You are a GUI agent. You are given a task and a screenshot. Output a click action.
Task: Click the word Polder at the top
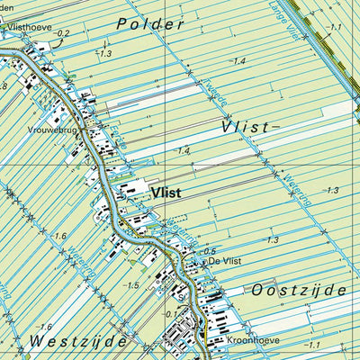coord(151,23)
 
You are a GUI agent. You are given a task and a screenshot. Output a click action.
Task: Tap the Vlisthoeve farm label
coord(29,28)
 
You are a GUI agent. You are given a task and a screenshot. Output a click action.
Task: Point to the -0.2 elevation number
coord(61,34)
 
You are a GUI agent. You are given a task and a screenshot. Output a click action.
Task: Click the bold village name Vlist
coord(167,191)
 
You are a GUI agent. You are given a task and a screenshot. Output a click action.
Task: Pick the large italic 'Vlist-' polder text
coord(246,128)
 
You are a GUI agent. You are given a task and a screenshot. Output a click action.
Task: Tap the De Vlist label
coord(227,260)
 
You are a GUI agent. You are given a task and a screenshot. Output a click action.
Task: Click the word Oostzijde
coord(299,290)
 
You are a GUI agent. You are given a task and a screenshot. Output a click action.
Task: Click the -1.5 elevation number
coord(131,285)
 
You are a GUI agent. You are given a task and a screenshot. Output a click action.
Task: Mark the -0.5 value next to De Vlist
coord(209,251)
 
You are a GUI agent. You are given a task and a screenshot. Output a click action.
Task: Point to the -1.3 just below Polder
coord(104,54)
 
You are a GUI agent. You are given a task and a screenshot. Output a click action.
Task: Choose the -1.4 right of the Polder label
coord(238,61)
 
